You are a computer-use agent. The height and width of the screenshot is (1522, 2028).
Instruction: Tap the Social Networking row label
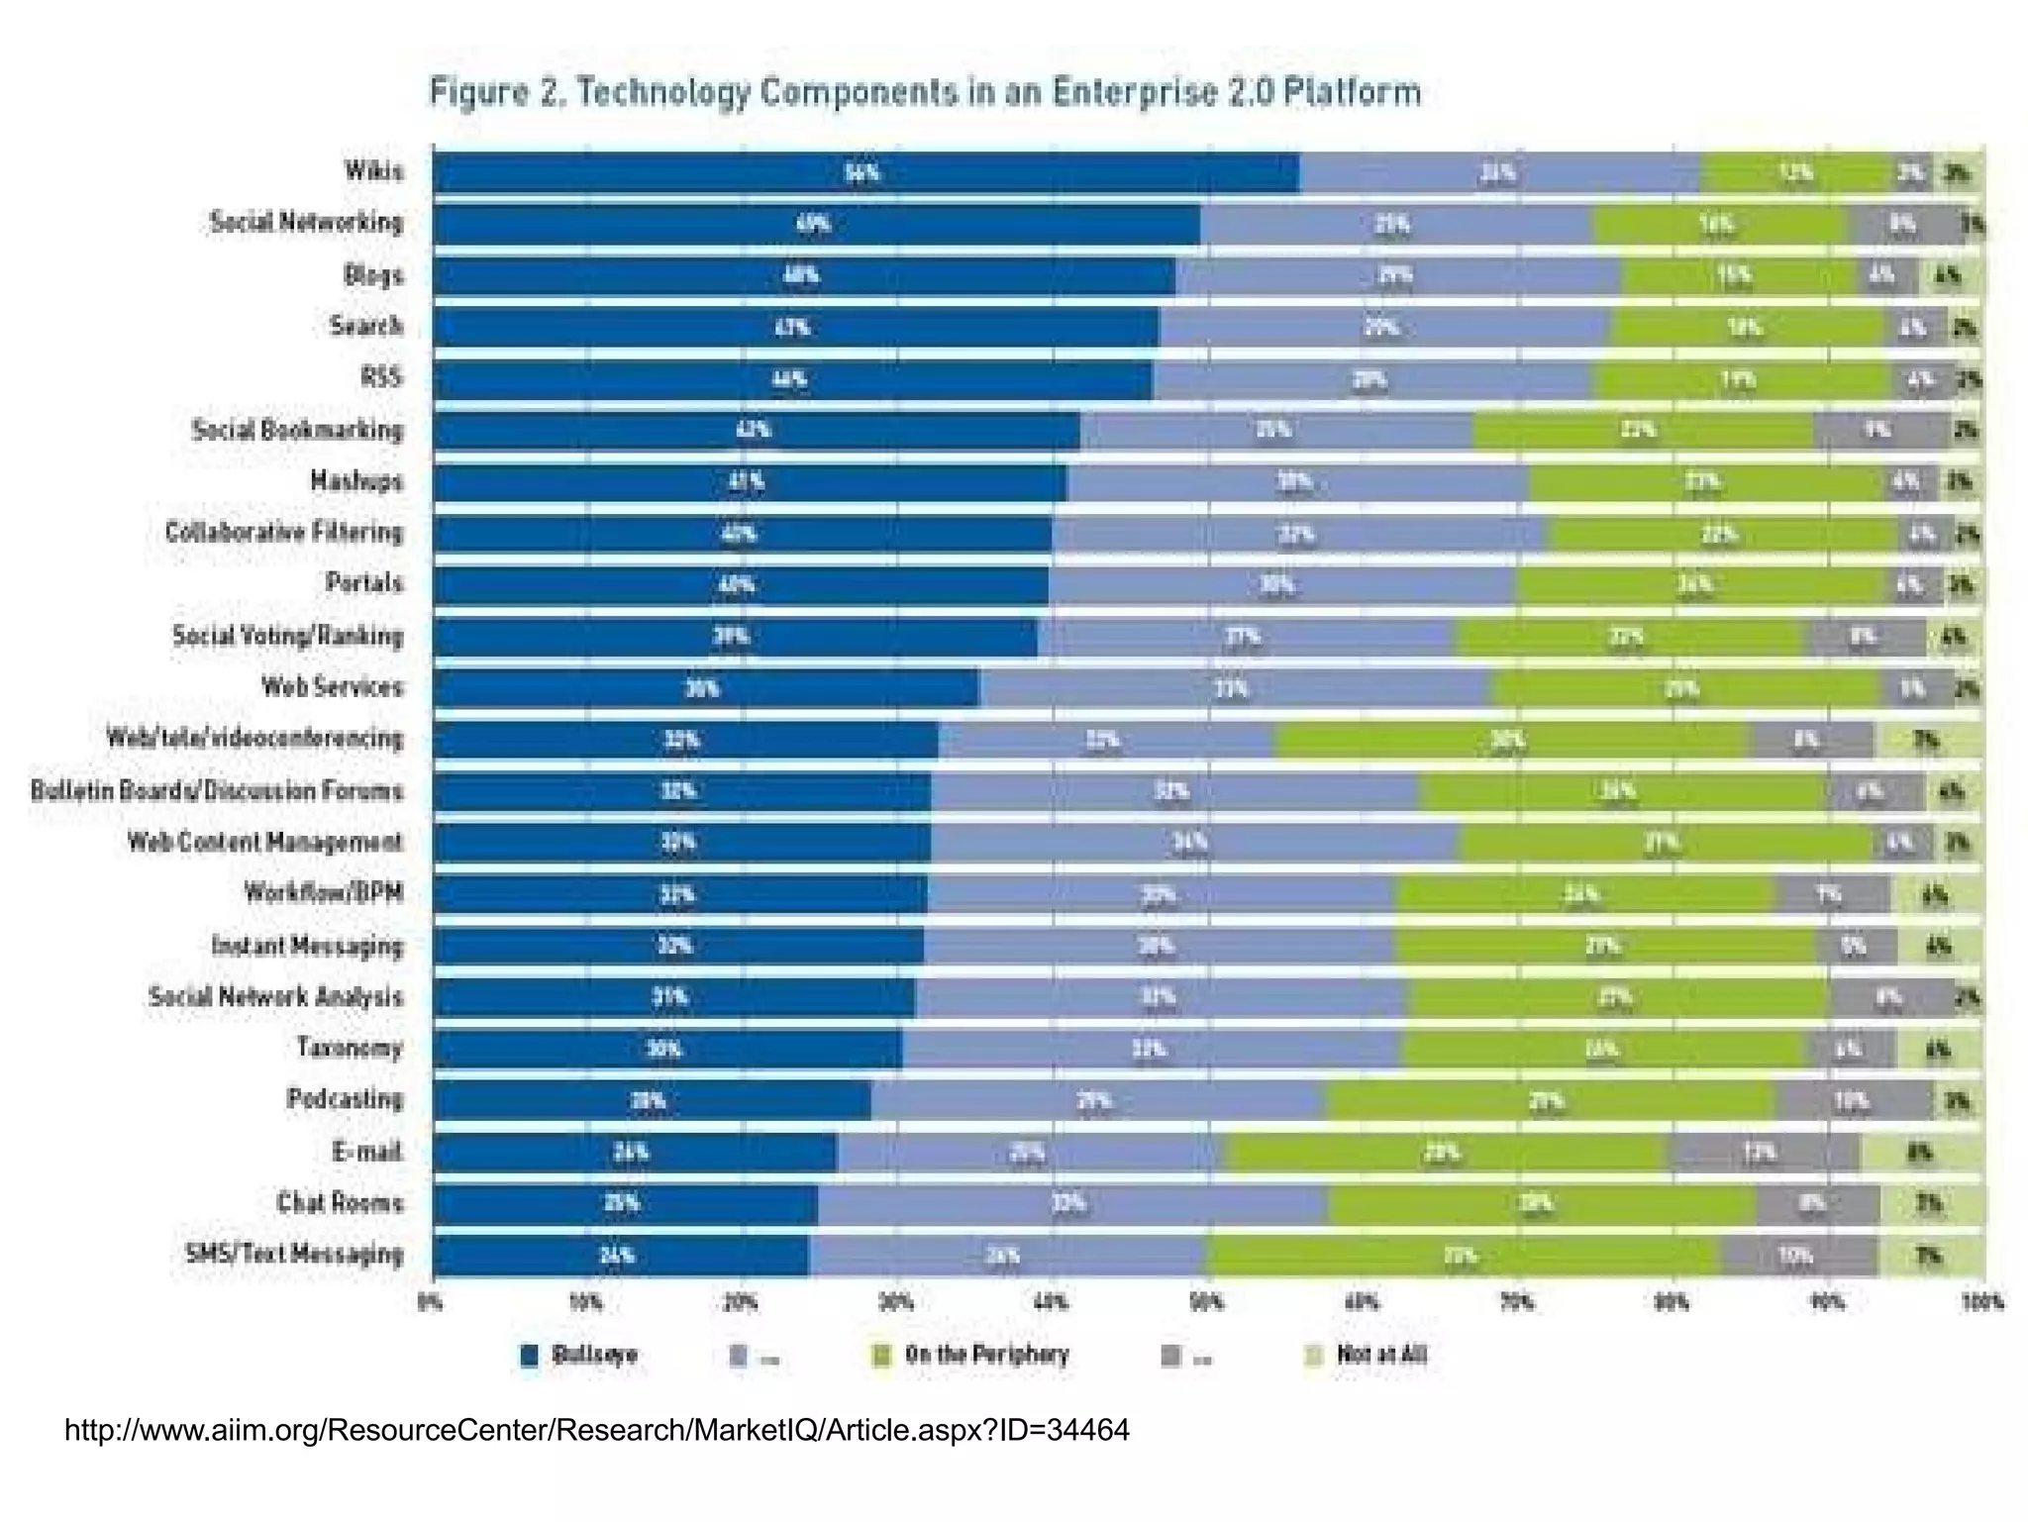pos(306,222)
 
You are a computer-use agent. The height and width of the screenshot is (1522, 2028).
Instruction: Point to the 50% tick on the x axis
pos(1206,1303)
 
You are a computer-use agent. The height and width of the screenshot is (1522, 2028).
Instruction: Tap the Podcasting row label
pos(345,1099)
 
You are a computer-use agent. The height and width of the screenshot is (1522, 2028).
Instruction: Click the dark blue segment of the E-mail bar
pos(634,1153)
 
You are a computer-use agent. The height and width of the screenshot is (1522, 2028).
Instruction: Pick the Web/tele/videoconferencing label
pos(254,739)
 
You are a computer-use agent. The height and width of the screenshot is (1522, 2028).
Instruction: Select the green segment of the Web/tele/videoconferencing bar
pos(1511,740)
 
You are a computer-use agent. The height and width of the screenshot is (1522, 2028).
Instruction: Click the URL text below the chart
pos(596,1430)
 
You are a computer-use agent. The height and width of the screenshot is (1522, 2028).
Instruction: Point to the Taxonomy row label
pos(350,1048)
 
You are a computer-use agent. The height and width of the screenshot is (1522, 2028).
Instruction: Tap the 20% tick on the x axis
pos(741,1303)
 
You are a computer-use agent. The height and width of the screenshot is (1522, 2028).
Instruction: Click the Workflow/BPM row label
pos(324,893)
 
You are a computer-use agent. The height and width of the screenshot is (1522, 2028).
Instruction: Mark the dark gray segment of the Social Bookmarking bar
pos(1879,431)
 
